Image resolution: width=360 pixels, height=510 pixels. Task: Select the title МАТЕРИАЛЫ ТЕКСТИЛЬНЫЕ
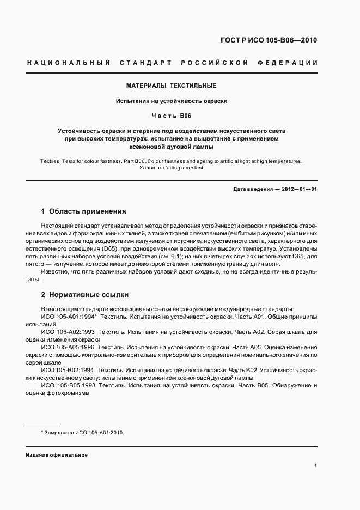point(172,86)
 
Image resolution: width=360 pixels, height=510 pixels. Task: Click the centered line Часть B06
point(172,116)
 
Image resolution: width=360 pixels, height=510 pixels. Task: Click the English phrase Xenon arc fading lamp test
point(172,168)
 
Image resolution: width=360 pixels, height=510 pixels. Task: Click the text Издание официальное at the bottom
point(57,454)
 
